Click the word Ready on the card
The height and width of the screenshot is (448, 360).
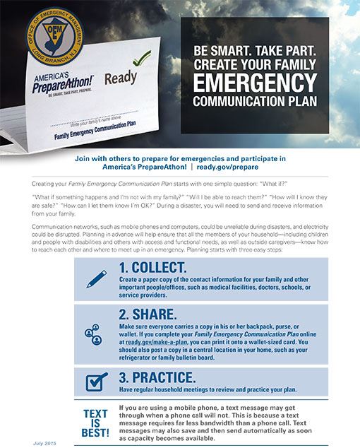[x=121, y=77]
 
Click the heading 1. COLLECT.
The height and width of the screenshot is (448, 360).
[x=152, y=268]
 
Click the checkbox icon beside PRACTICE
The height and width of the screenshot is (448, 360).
[x=96, y=382]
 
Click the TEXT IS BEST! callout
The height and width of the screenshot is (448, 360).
[x=95, y=423]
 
